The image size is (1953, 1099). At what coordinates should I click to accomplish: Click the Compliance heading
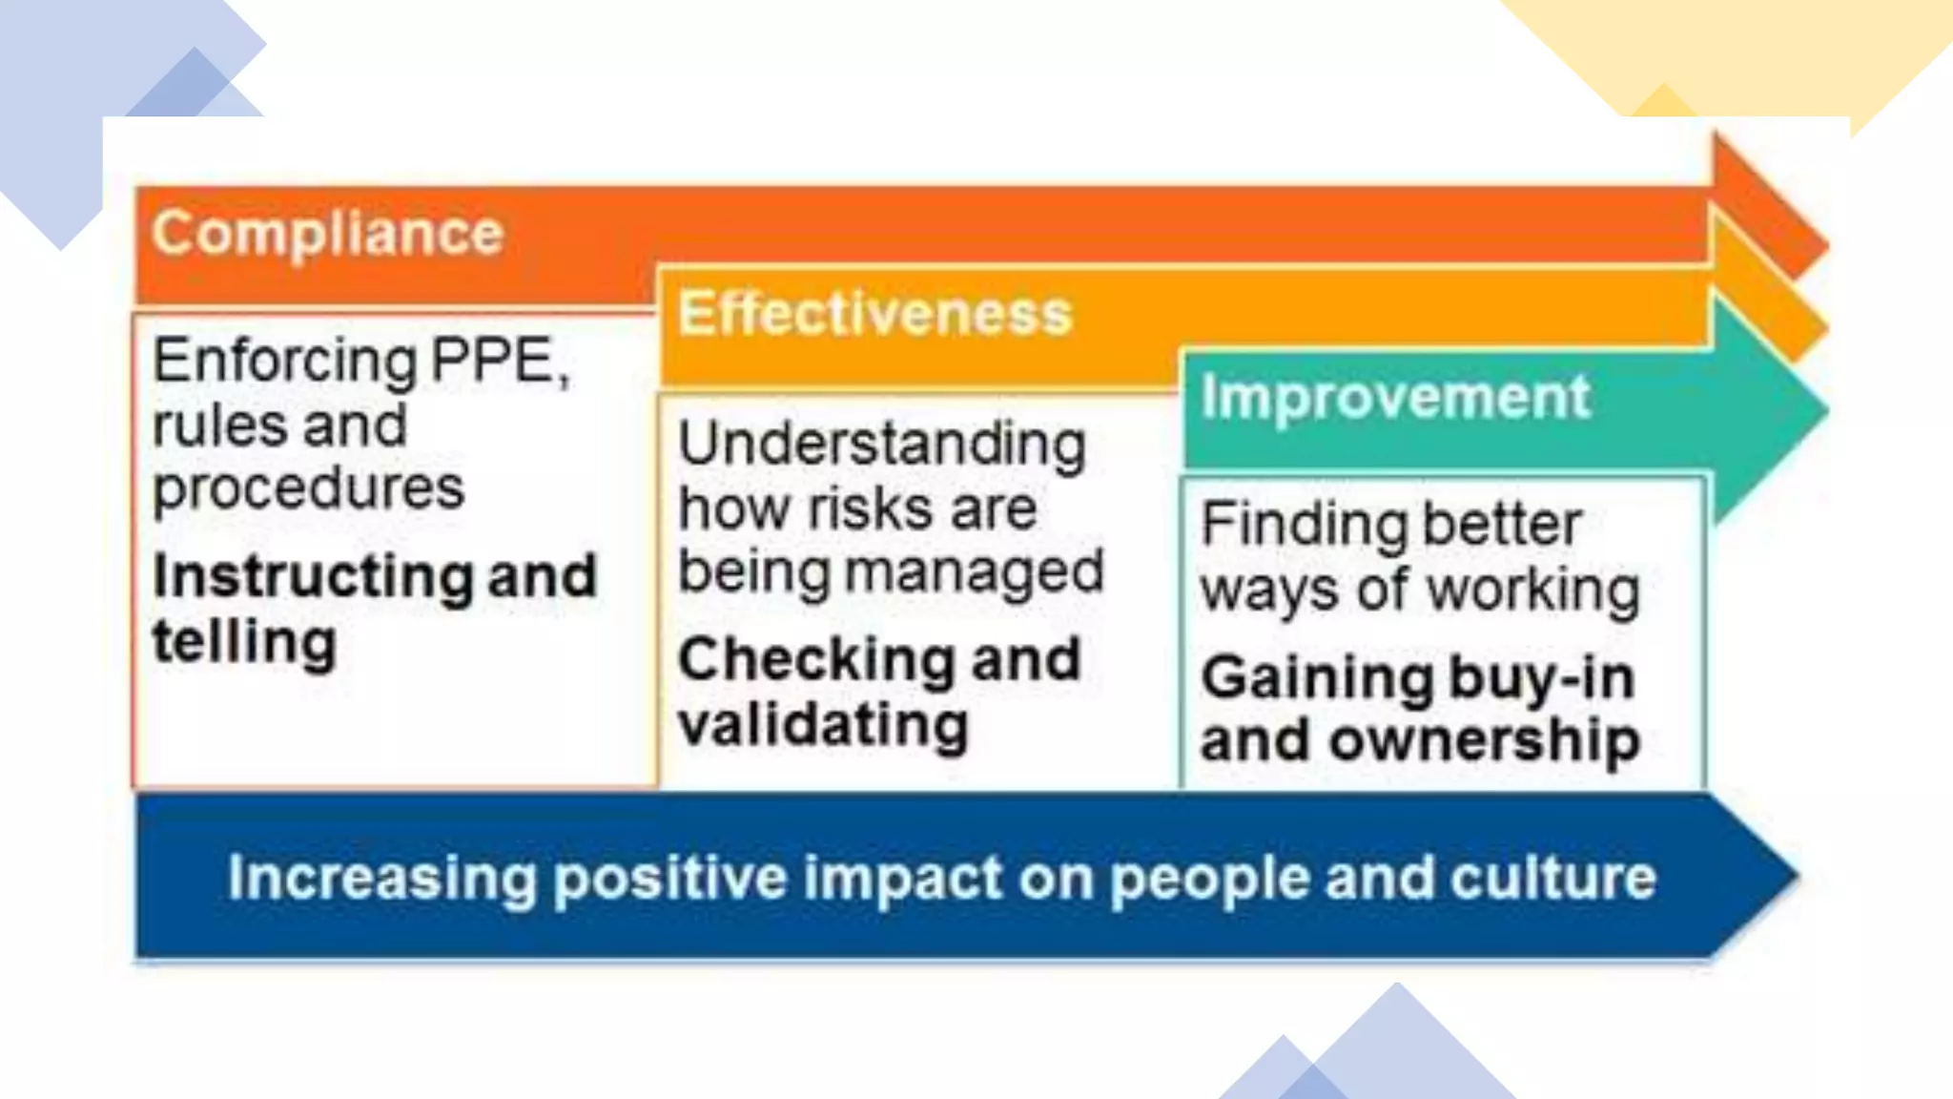tap(327, 233)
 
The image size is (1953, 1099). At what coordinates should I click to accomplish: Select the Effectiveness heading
tap(874, 314)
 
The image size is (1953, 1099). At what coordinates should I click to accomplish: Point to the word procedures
tap(308, 489)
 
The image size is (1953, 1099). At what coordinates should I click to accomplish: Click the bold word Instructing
tap(312, 577)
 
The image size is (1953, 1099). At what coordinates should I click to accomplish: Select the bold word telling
tap(244, 641)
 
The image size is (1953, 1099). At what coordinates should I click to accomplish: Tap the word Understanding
tap(881, 445)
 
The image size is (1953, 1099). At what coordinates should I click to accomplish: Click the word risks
tap(874, 508)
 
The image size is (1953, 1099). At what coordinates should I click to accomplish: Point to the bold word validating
tap(823, 725)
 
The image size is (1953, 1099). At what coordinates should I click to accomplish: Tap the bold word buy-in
tap(1542, 678)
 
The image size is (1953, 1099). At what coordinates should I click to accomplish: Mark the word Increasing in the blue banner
tap(382, 878)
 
